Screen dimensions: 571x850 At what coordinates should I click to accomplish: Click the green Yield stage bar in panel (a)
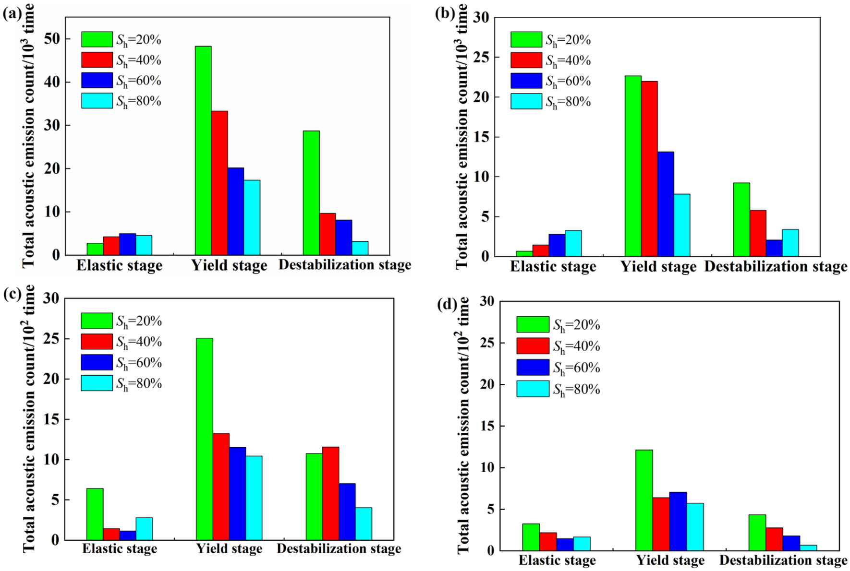pos(203,150)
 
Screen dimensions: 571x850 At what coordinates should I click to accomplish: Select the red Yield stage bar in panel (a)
pos(219,183)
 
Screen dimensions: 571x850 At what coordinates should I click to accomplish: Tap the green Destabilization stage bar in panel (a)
pos(311,192)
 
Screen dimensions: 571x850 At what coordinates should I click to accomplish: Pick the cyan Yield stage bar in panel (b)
pos(682,225)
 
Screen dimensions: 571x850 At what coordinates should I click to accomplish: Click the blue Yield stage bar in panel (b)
pos(666,204)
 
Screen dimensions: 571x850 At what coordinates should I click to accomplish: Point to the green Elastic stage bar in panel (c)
pos(95,514)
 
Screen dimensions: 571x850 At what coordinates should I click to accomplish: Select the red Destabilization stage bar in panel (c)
pos(330,493)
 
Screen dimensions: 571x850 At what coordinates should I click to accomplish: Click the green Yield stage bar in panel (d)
pos(644,500)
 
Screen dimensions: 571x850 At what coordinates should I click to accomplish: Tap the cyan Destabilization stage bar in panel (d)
pos(808,547)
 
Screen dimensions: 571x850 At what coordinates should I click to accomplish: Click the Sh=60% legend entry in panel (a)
pos(121,81)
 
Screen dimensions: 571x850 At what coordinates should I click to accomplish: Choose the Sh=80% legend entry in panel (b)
pos(550,102)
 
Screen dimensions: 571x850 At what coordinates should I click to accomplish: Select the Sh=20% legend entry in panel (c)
pos(121,321)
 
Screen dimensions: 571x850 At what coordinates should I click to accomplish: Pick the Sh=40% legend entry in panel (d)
pos(558,346)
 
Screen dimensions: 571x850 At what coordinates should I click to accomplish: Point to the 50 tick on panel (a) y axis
pos(52,39)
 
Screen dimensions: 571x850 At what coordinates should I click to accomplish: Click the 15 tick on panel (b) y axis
pos(481,137)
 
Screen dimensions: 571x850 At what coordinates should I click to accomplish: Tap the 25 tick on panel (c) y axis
pos(51,339)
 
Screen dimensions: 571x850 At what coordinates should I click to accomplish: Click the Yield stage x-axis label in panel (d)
pos(670,560)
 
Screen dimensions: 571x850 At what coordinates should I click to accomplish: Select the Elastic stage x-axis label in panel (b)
pos(553,266)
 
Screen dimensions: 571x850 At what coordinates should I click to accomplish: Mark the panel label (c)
pos(12,294)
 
